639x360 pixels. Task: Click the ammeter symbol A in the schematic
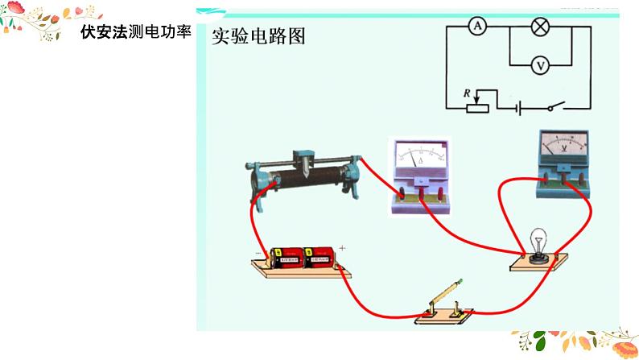pos(476,27)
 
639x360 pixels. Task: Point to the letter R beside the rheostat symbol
pos(467,93)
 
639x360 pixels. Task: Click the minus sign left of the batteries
pos(259,252)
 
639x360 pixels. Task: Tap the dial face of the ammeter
pos(421,155)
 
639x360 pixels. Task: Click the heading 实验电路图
pos(258,36)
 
